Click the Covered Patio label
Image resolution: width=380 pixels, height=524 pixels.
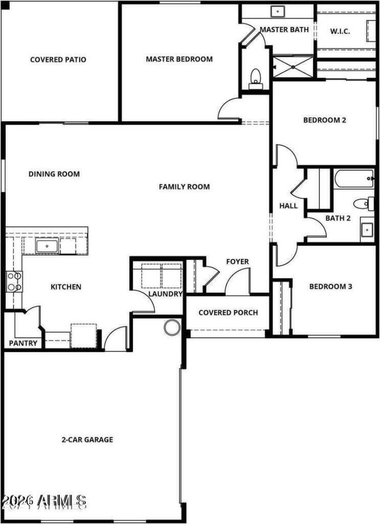[x=58, y=60]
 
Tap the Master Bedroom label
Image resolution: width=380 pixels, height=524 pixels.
[x=179, y=59]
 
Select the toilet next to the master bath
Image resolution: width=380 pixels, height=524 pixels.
[x=256, y=77]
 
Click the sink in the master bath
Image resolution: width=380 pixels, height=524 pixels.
[x=277, y=11]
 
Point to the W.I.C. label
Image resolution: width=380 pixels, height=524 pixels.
[x=340, y=31]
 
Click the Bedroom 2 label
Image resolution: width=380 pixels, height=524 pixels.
[x=324, y=120]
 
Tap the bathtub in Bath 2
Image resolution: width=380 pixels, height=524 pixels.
[x=353, y=179]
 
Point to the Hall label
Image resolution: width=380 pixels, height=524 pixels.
[x=288, y=206]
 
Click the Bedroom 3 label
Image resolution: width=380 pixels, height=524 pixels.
[x=331, y=286]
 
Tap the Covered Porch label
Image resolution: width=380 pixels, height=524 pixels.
[x=228, y=312]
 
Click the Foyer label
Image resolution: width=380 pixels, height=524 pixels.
[x=237, y=262]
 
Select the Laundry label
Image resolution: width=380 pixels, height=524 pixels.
[x=165, y=294]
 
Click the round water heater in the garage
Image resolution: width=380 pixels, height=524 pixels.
[x=172, y=327]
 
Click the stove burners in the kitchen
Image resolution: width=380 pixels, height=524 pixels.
[x=14, y=281]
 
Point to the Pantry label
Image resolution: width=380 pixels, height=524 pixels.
[x=23, y=343]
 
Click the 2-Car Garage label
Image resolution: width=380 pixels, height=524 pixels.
[x=87, y=439]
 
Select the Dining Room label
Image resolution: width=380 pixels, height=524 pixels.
[x=54, y=174]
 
